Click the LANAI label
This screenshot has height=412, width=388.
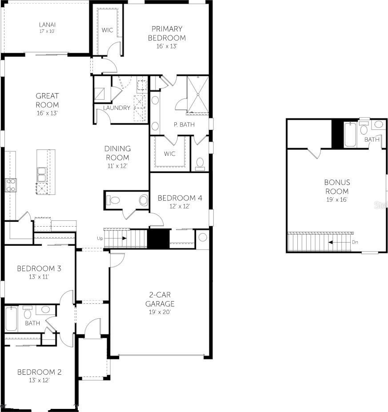coord(47,25)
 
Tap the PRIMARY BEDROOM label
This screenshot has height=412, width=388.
coord(167,33)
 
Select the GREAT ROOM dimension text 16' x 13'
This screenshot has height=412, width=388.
coord(47,113)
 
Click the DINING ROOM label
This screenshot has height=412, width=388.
coord(117,153)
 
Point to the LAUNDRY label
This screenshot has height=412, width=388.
coord(117,108)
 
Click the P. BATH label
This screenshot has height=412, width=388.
coord(184,125)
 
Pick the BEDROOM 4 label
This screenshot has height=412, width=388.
coord(180,198)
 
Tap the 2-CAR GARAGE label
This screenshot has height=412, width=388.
coord(160,299)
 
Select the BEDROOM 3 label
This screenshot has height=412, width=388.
coord(39,268)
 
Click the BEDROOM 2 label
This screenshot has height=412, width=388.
coord(39,372)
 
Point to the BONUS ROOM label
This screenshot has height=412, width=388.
coord(337,187)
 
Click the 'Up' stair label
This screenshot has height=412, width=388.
coord(100,238)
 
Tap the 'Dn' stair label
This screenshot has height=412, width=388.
coord(355,242)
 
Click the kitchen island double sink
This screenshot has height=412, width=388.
coord(42,174)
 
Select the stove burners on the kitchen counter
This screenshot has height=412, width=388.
coord(11,185)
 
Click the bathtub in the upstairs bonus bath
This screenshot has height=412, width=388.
coord(350,134)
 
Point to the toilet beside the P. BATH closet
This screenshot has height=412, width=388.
coord(200,164)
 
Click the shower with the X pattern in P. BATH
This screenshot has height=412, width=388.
coord(198,95)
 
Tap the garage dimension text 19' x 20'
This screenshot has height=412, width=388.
coord(160,312)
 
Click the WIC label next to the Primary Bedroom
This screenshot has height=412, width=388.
coord(107,30)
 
